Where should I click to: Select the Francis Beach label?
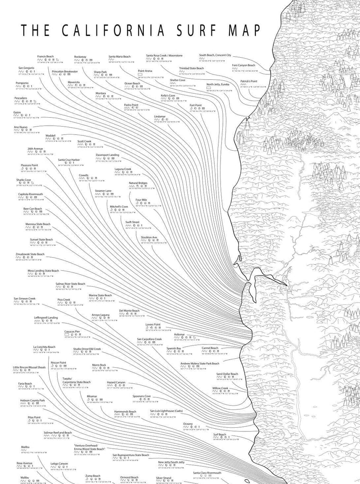coord(45,56)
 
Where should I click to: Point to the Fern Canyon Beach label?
coord(244,65)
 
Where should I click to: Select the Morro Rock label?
coord(99,364)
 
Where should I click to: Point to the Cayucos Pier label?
coord(72,331)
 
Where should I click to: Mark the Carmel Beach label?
coord(210,347)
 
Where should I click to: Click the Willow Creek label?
coord(220,388)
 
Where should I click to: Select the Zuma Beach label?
coord(93,475)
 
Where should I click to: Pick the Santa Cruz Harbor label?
coord(69,160)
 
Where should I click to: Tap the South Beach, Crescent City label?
coord(215,55)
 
